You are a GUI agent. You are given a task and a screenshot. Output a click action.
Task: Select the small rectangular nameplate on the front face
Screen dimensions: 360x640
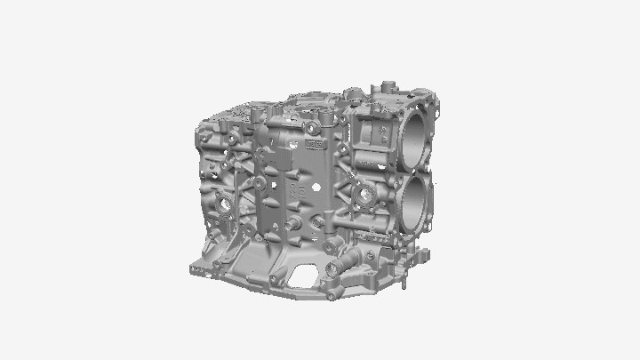coord(314,141)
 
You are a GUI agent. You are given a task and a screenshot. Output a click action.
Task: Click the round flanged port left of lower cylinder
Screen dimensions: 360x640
coord(364,196)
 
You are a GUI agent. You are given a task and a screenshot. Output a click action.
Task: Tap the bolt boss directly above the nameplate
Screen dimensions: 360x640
coord(313,126)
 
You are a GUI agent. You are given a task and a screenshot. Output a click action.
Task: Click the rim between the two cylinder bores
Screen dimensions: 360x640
coord(419,170)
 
